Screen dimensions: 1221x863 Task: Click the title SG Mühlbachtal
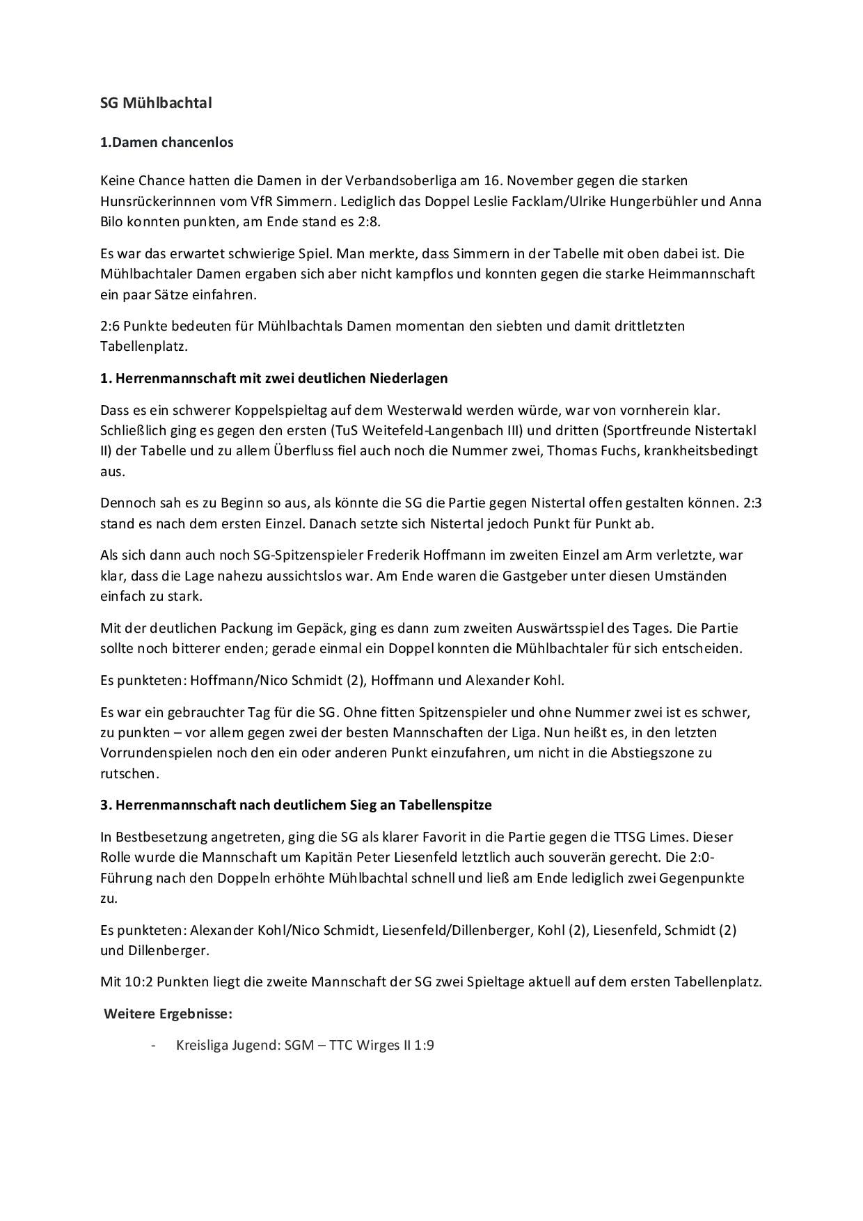tap(156, 103)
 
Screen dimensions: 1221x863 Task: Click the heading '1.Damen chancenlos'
tap(166, 142)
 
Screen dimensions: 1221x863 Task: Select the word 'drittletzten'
tap(649, 326)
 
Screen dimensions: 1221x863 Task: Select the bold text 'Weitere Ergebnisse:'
tap(168, 1014)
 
